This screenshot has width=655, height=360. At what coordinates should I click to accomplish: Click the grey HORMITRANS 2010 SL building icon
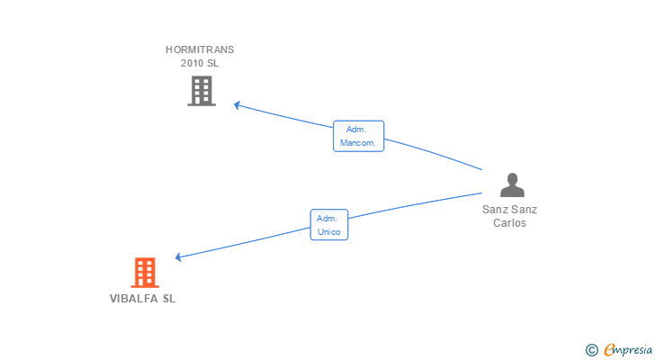point(202,91)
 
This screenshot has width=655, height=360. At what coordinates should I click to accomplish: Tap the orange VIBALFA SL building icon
point(145,273)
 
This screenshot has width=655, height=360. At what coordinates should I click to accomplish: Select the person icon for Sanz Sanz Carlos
point(512,184)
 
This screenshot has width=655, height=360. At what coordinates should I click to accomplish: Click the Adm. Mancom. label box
point(358,136)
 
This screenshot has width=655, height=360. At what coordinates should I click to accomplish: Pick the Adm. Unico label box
point(329,225)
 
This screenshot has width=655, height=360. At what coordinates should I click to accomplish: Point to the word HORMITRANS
point(200,49)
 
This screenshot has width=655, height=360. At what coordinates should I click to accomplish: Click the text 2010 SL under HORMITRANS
point(200,63)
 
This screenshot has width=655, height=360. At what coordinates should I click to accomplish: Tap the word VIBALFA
point(134,299)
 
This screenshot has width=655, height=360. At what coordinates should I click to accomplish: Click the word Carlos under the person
point(509,223)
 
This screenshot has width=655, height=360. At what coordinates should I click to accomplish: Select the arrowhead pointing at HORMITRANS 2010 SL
point(237,104)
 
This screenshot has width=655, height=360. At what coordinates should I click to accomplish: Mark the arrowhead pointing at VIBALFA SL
point(178,257)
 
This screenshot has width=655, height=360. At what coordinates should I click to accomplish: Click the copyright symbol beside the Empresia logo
point(591,350)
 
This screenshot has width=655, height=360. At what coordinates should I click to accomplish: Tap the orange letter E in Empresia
point(610,349)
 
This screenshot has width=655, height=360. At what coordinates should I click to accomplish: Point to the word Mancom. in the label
point(358,143)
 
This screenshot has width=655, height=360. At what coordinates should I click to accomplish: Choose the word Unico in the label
point(329,232)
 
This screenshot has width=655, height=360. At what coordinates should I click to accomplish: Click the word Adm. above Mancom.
point(356,130)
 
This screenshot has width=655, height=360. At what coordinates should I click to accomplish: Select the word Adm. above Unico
point(327,219)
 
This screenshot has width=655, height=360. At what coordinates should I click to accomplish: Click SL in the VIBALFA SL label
point(169,299)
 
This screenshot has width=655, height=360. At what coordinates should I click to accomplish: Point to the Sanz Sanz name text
point(509,210)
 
